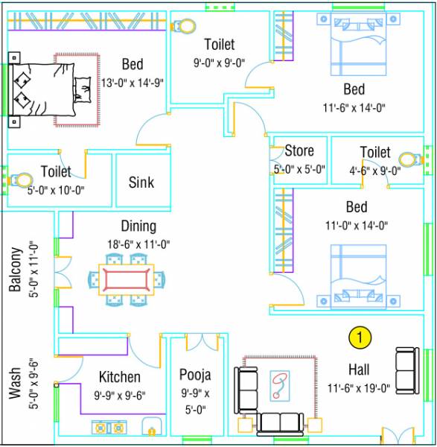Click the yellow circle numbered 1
tap(360, 337)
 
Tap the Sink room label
tap(141, 182)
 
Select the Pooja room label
tap(195, 374)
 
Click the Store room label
tap(299, 151)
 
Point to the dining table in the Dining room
tap(126, 279)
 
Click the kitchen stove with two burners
tap(110, 428)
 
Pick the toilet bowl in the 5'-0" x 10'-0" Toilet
tap(23, 180)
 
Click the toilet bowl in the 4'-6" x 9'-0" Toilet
tap(408, 159)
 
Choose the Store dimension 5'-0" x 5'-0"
tap(299, 169)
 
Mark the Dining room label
tap(139, 226)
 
